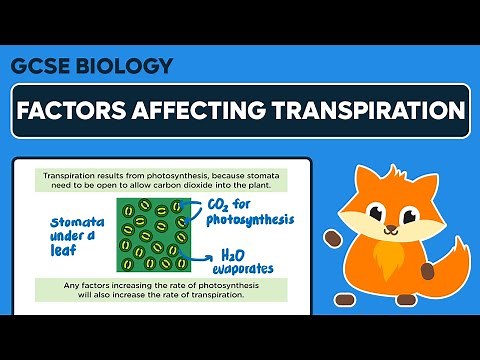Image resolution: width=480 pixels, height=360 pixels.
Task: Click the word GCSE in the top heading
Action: coord(41,67)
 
